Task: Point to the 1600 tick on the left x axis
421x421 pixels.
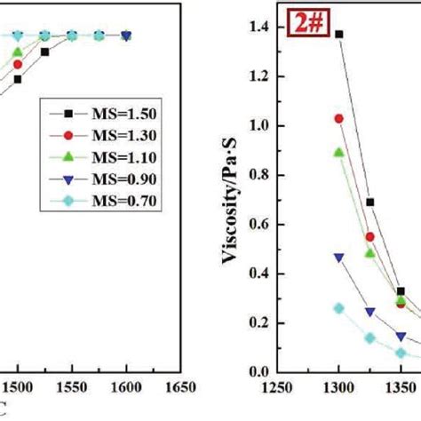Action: (x=127, y=387)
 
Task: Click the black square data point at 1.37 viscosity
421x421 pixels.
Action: (x=338, y=35)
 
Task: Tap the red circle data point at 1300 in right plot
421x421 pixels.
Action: (x=338, y=118)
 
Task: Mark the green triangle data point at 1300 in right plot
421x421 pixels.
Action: (x=338, y=152)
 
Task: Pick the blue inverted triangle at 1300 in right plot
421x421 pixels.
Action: (x=338, y=257)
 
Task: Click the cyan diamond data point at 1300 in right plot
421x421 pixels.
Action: (x=338, y=308)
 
